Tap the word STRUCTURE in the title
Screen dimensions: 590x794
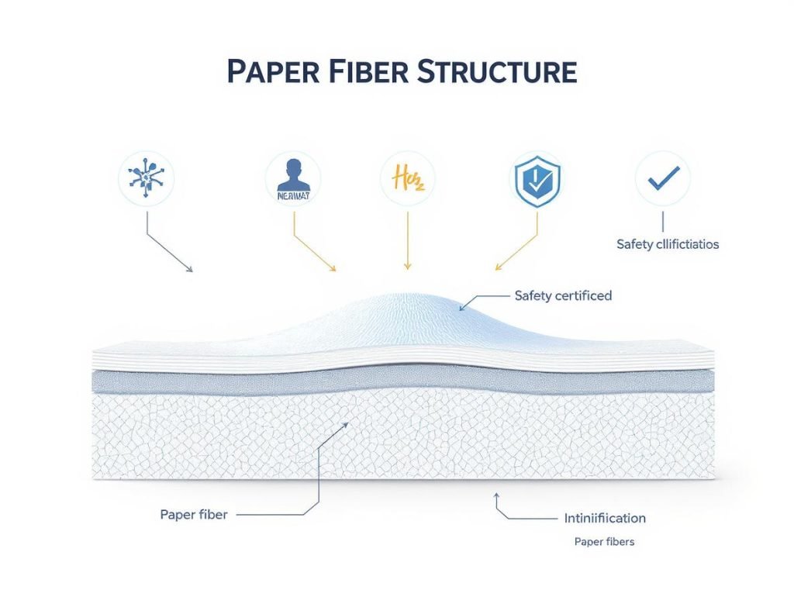tap(496, 71)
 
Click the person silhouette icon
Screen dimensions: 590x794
tap(293, 179)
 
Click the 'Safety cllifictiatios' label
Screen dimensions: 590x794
tap(668, 244)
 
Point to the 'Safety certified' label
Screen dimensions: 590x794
tap(563, 295)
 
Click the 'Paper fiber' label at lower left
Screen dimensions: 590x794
tap(194, 515)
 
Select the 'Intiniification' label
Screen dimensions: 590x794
tap(601, 518)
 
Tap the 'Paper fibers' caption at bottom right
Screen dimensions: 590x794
tap(604, 542)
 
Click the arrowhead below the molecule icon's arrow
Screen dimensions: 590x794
tap(190, 270)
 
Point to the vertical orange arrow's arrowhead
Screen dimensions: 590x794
tap(407, 267)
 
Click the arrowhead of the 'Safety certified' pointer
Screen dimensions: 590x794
tap(462, 309)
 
